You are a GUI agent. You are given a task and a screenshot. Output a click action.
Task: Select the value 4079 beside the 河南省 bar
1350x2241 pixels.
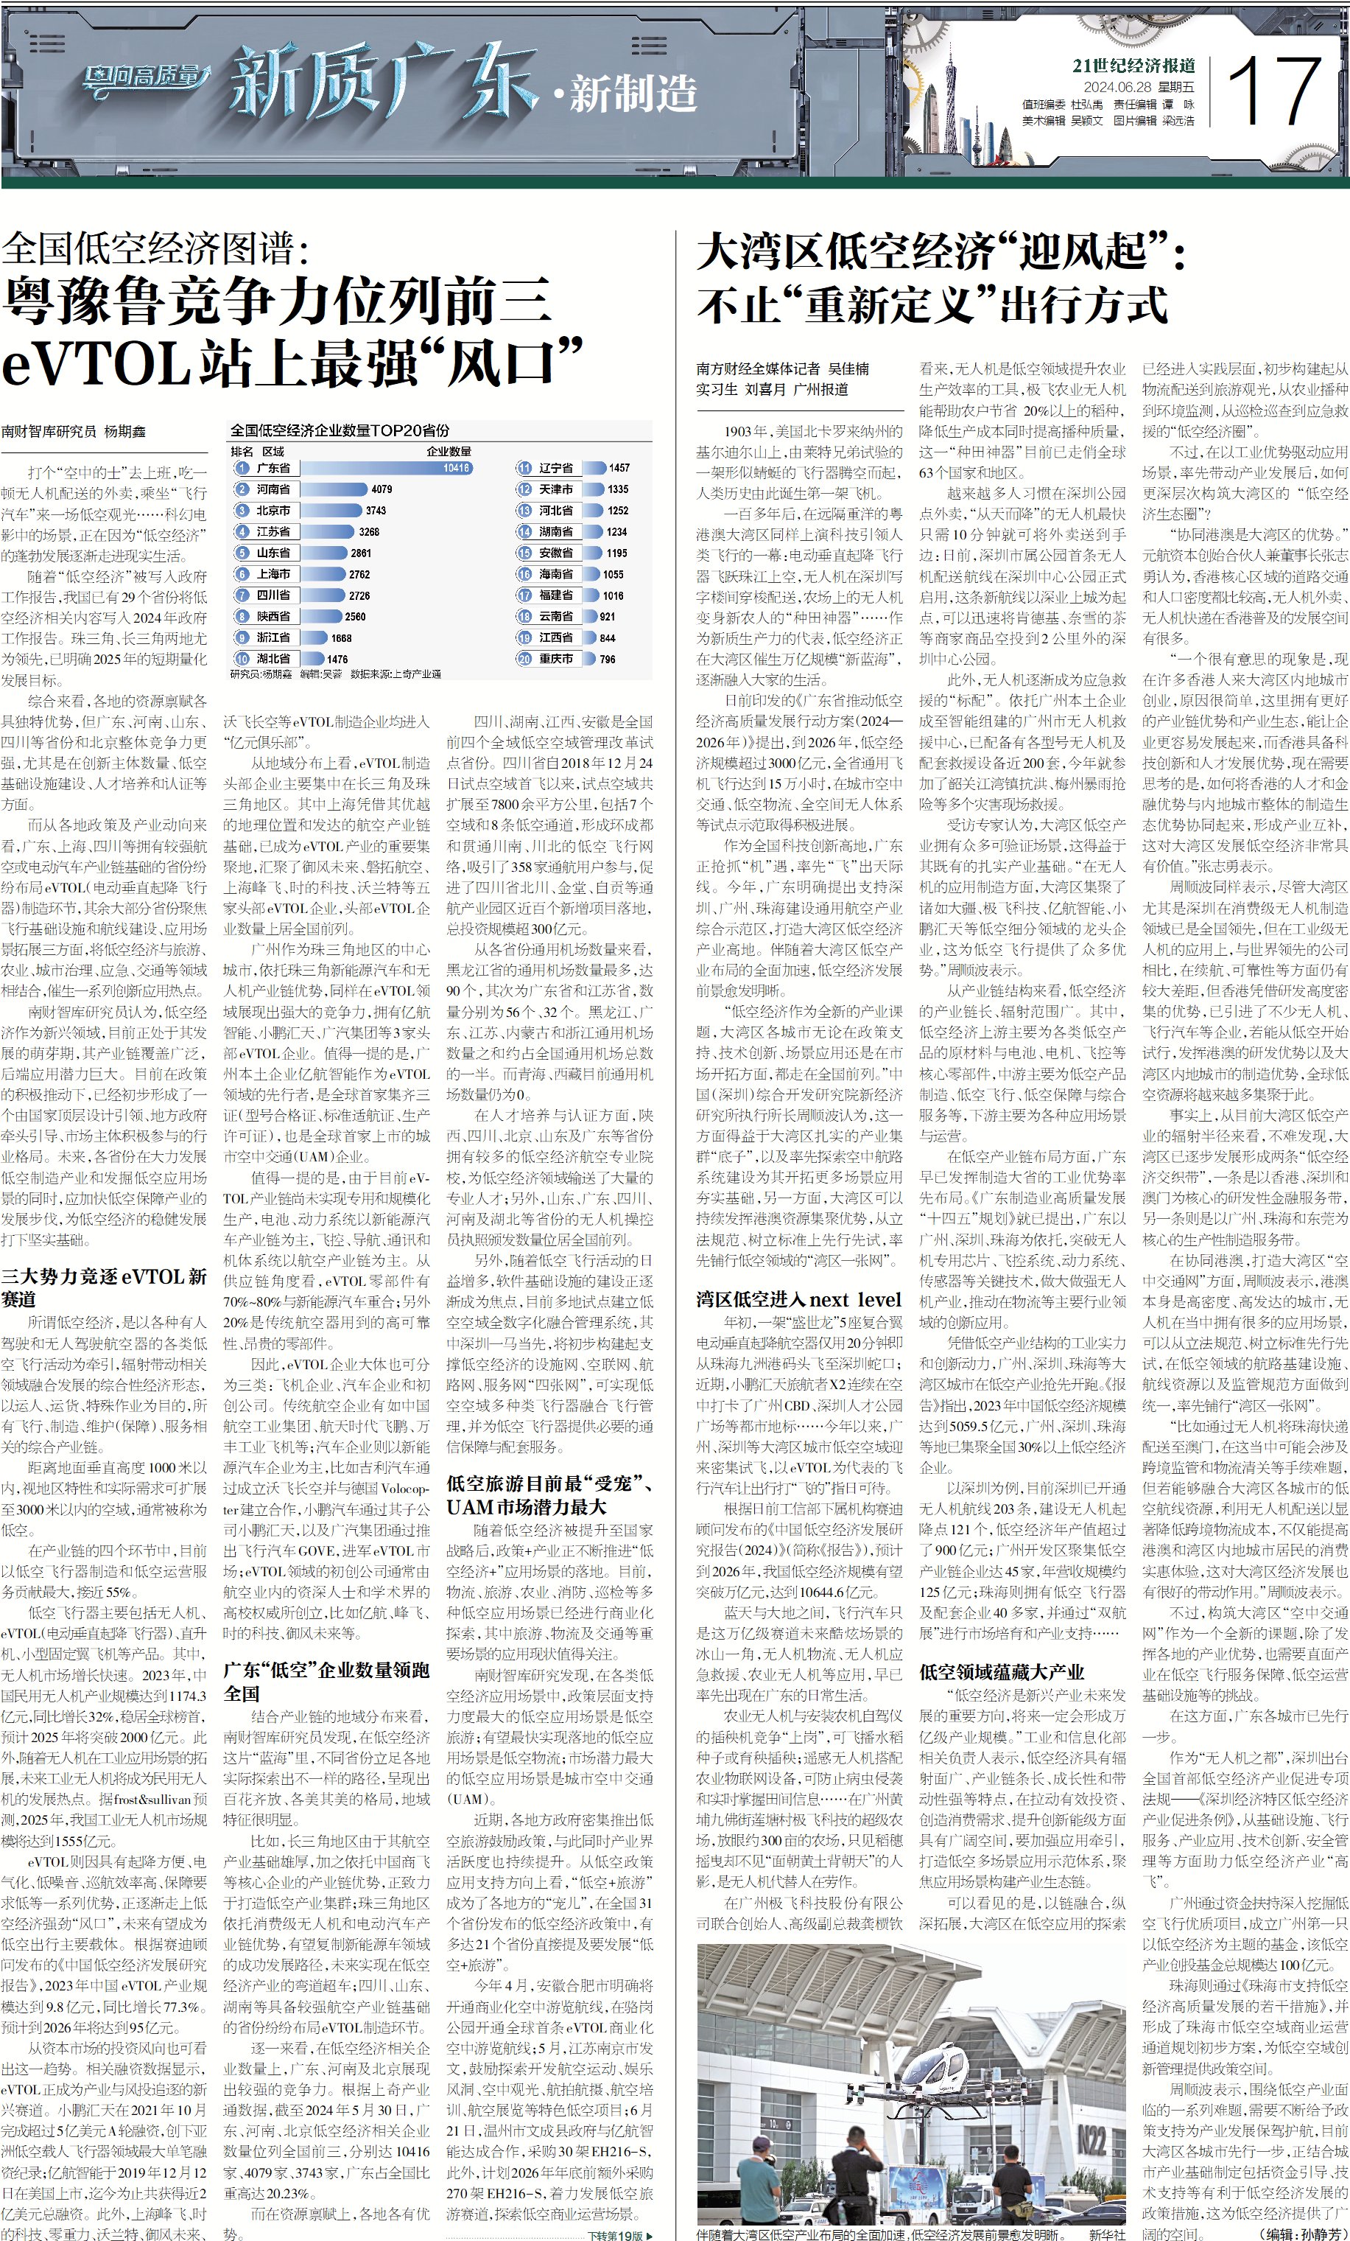382,489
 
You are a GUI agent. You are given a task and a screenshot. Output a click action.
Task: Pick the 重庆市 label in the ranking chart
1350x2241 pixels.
555,659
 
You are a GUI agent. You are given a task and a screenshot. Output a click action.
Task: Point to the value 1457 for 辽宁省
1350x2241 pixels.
619,467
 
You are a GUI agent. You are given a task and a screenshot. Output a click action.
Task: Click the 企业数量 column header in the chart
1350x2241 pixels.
449,451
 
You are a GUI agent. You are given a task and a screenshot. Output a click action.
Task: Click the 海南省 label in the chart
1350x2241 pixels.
555,574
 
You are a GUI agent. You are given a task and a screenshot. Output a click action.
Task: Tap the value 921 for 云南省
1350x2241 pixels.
608,616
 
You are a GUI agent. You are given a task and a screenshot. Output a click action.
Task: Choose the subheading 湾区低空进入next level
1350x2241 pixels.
798,1298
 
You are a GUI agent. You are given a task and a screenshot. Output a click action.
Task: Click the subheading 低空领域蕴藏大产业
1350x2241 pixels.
1001,1671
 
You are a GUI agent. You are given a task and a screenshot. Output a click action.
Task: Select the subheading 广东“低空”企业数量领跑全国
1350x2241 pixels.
326,1682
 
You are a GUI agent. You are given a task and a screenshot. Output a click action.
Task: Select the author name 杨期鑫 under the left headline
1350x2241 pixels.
124,431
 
